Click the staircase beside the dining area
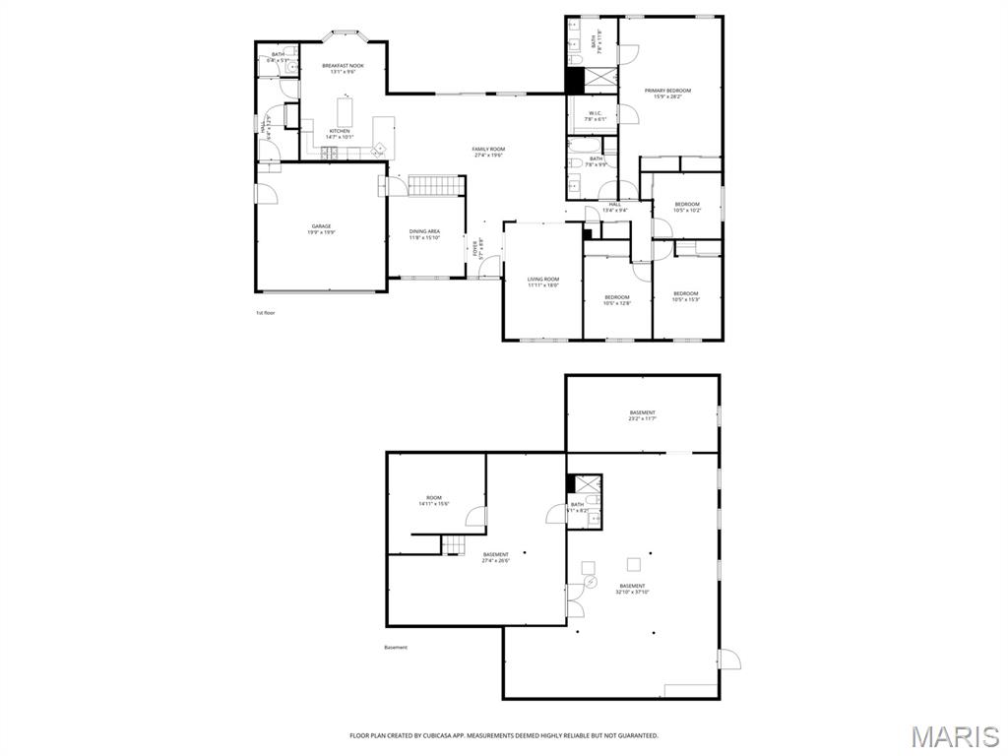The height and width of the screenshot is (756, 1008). (435, 185)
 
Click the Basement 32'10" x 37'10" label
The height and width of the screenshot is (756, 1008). (633, 589)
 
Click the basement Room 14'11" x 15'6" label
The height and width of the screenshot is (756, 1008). (433, 501)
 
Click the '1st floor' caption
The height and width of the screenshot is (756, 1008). (267, 312)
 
